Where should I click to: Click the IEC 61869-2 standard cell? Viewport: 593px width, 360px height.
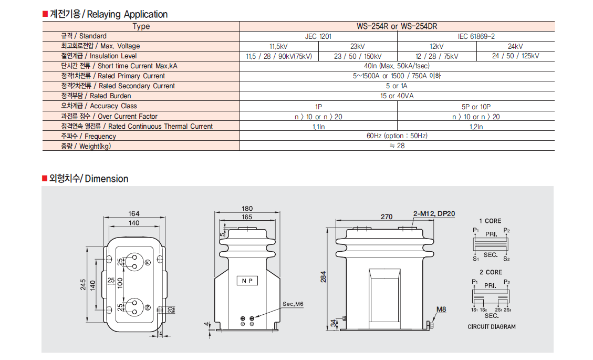pos(476,36)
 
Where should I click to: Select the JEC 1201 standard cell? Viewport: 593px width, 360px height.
pos(318,36)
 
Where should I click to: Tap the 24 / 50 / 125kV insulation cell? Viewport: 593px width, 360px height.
pos(515,56)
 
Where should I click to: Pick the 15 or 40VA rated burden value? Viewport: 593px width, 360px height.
pos(397,96)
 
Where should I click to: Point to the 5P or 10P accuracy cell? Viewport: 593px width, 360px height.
pos(476,106)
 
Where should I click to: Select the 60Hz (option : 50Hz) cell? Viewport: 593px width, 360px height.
pos(397,136)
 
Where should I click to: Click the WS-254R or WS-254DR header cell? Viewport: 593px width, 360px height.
pos(397,26)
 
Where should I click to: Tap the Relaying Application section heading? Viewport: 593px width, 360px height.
pos(108,14)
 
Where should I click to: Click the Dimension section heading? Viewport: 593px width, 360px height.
pos(88,179)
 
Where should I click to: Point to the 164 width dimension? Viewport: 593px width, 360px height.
pos(134,213)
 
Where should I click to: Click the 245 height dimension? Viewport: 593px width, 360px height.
pos(84,285)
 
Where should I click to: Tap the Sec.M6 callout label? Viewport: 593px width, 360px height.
pos(293,304)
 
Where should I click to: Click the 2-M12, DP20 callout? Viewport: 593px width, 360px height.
pos(434,213)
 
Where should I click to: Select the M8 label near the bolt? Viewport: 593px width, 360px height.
pos(441,310)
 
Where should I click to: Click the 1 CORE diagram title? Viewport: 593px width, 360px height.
pos(490,221)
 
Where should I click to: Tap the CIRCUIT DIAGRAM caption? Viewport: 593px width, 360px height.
pos(492,326)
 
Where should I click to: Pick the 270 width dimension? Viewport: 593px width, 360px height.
pos(386,217)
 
